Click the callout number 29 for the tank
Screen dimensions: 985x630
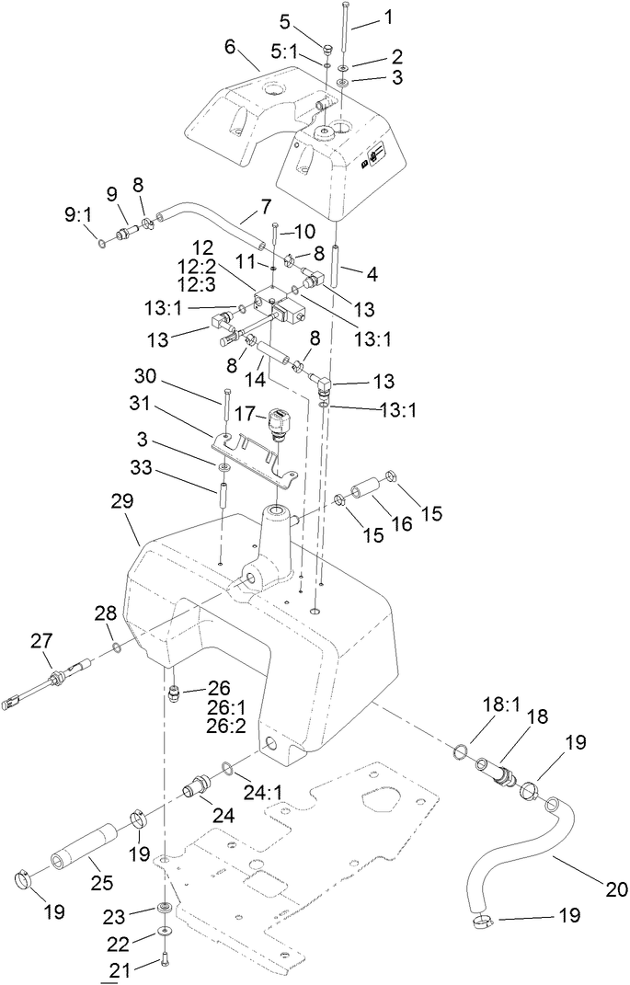pyautogui.click(x=122, y=502)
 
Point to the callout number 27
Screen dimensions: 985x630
pyautogui.click(x=43, y=641)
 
